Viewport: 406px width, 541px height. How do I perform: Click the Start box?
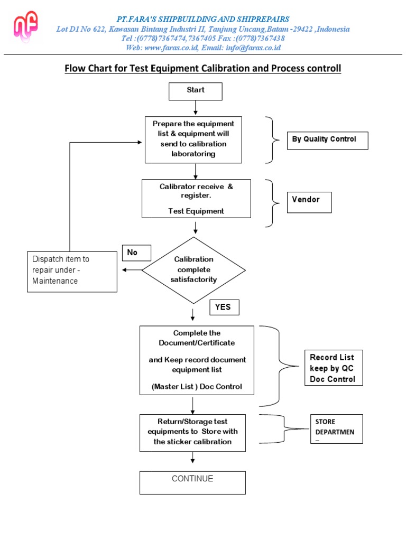[196, 91]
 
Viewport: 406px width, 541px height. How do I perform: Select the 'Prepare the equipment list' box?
[193, 139]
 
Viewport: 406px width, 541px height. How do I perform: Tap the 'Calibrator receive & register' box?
[196, 199]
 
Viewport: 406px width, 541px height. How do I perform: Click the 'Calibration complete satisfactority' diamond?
[193, 269]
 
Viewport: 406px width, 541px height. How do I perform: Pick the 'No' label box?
[136, 253]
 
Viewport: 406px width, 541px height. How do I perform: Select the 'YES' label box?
[224, 307]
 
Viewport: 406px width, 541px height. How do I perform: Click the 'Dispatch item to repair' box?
[72, 271]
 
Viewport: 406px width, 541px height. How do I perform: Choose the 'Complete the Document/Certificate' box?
[197, 360]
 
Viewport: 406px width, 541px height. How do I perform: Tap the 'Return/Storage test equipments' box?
[192, 433]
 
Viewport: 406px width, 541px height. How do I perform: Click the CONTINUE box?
[192, 482]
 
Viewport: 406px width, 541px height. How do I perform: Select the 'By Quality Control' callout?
[327, 140]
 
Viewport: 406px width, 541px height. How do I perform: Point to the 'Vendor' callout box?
[309, 202]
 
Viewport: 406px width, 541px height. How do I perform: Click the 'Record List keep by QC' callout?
[333, 368]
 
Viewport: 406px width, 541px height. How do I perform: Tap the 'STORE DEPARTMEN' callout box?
[336, 428]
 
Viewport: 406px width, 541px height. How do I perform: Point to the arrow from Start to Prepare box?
[196, 108]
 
